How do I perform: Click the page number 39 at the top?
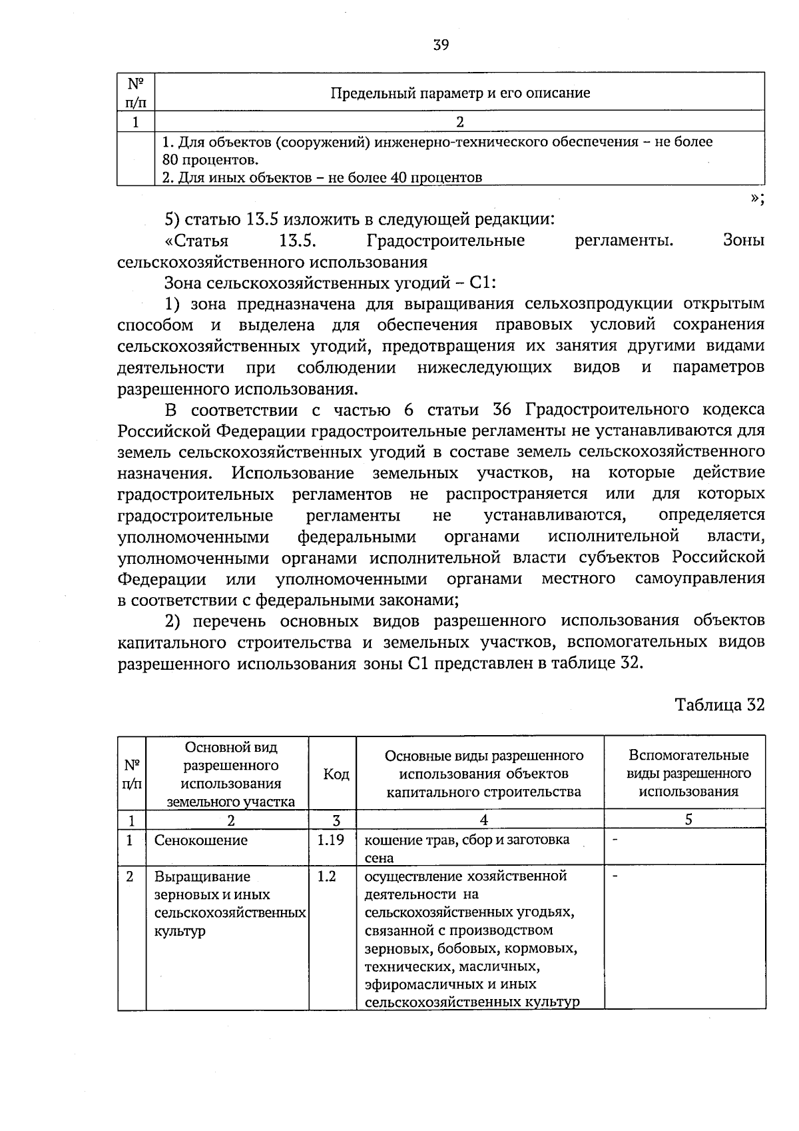pyautogui.click(x=441, y=45)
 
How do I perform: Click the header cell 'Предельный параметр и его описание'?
pyautogui.click(x=460, y=93)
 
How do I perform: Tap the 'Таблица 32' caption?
pyautogui.click(x=719, y=704)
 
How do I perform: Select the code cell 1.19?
pyautogui.click(x=331, y=840)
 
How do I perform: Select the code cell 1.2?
pyautogui.click(x=326, y=876)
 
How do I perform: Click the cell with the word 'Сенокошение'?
pyautogui.click(x=201, y=840)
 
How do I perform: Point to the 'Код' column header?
pyautogui.click(x=336, y=774)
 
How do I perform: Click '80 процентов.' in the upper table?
pyautogui.click(x=209, y=160)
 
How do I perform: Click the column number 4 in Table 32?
pyautogui.click(x=483, y=820)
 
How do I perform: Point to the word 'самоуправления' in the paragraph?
pyautogui.click(x=699, y=578)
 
